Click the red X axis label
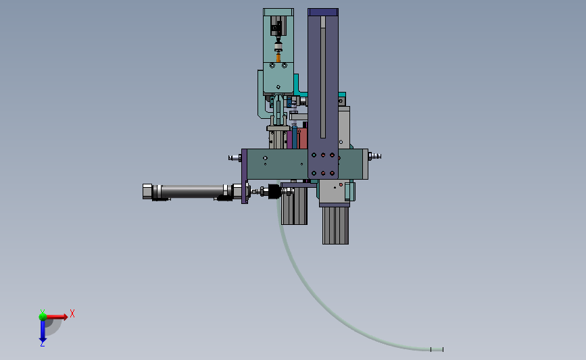pos(72,313)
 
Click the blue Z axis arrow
pos(43,331)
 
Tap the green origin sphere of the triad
pos(43,317)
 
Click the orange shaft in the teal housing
pos(278,58)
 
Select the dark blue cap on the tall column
pos(323,12)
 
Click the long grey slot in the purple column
pos(323,77)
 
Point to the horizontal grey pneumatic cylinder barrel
pos(193,191)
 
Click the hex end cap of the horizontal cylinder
pos(147,191)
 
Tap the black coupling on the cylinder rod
pos(274,192)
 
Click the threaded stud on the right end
pos(374,156)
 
